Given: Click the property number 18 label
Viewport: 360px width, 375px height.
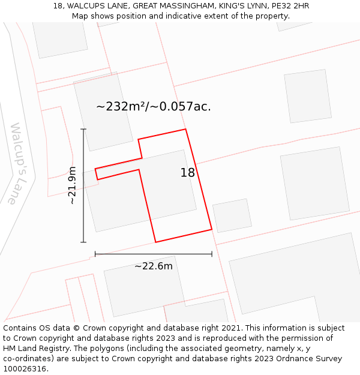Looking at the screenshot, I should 188,173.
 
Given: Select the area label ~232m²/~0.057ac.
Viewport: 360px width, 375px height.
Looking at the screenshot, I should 154,107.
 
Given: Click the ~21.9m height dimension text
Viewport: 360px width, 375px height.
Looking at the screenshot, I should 72,185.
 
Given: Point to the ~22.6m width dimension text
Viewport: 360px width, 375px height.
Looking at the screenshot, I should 154,266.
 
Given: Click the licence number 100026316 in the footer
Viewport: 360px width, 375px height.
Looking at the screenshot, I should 23,369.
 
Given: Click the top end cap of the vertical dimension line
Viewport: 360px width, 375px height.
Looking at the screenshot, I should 83,129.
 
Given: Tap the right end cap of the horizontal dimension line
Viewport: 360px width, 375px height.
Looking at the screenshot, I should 212,254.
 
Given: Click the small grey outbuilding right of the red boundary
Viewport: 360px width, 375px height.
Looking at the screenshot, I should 232,215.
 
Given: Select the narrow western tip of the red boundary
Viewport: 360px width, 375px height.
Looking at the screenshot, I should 97,174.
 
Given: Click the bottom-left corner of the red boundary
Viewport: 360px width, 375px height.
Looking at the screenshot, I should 156,242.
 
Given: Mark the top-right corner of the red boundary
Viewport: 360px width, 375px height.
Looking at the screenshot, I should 185,130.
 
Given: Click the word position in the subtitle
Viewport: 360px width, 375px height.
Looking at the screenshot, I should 135,16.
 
